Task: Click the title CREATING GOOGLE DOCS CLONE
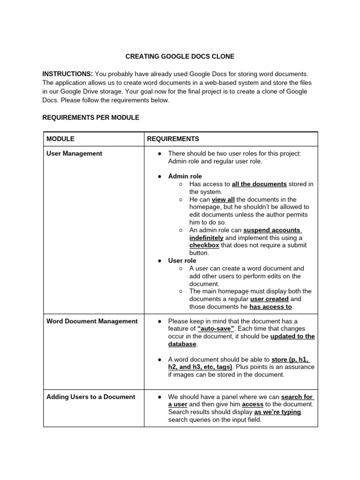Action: click(x=180, y=57)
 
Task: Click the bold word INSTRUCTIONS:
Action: click(x=67, y=74)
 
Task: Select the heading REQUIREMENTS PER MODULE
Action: click(x=90, y=118)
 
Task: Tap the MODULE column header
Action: click(x=60, y=139)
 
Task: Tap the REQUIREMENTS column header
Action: click(x=173, y=139)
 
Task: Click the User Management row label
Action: click(x=74, y=153)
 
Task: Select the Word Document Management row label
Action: click(x=92, y=321)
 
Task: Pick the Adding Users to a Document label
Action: click(x=90, y=397)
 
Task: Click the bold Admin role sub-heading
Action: click(x=185, y=176)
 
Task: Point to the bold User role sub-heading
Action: click(x=182, y=261)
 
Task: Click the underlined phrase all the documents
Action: click(x=259, y=184)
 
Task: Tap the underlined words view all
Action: click(x=223, y=199)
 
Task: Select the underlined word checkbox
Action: click(x=204, y=245)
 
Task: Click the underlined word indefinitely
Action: click(x=206, y=238)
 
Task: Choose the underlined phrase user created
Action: click(x=270, y=299)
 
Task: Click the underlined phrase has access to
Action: click(x=270, y=307)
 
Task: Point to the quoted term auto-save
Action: click(x=216, y=329)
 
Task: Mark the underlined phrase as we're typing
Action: click(x=277, y=412)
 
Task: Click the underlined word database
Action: click(x=182, y=344)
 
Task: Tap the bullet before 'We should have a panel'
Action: click(x=159, y=397)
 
